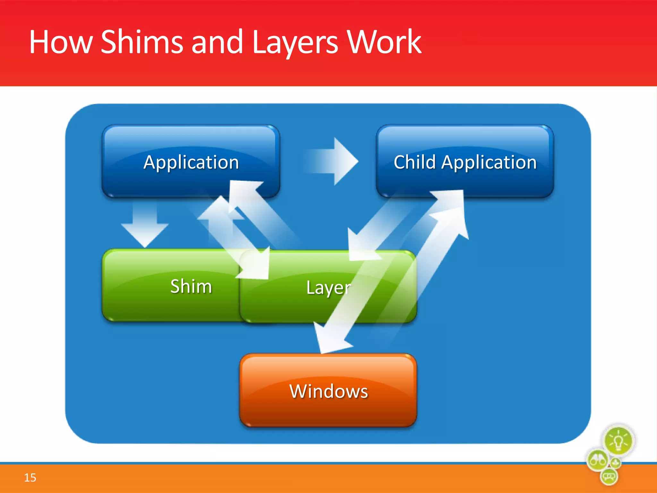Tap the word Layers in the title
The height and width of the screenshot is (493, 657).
tap(295, 43)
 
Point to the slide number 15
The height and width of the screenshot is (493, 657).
tap(30, 478)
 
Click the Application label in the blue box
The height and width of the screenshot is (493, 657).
tap(191, 162)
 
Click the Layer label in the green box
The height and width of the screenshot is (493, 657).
tap(328, 287)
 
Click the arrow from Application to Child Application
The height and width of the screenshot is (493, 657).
tap(334, 161)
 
